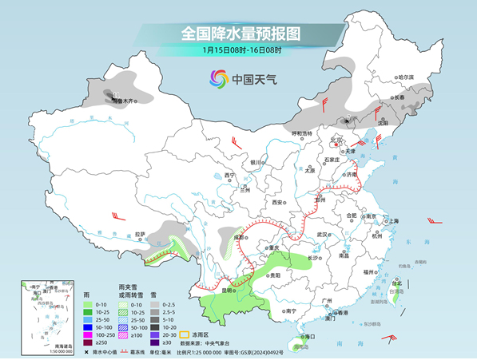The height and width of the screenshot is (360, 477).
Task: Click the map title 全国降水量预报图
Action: click(240, 34)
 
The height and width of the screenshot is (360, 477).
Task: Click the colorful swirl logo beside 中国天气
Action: click(219, 78)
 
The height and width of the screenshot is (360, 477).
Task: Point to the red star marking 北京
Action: click(336, 145)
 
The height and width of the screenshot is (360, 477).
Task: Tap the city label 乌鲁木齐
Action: click(125, 101)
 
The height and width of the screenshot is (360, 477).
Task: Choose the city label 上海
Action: click(392, 221)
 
